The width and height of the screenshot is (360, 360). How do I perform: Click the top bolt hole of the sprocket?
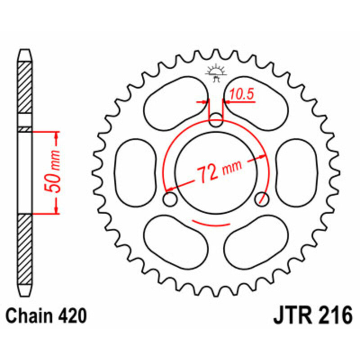click(216, 120)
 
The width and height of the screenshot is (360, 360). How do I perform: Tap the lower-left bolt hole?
click(170, 198)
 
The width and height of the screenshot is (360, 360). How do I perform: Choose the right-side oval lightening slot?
click(297, 171)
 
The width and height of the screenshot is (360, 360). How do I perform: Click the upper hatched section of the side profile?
click(25, 88)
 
